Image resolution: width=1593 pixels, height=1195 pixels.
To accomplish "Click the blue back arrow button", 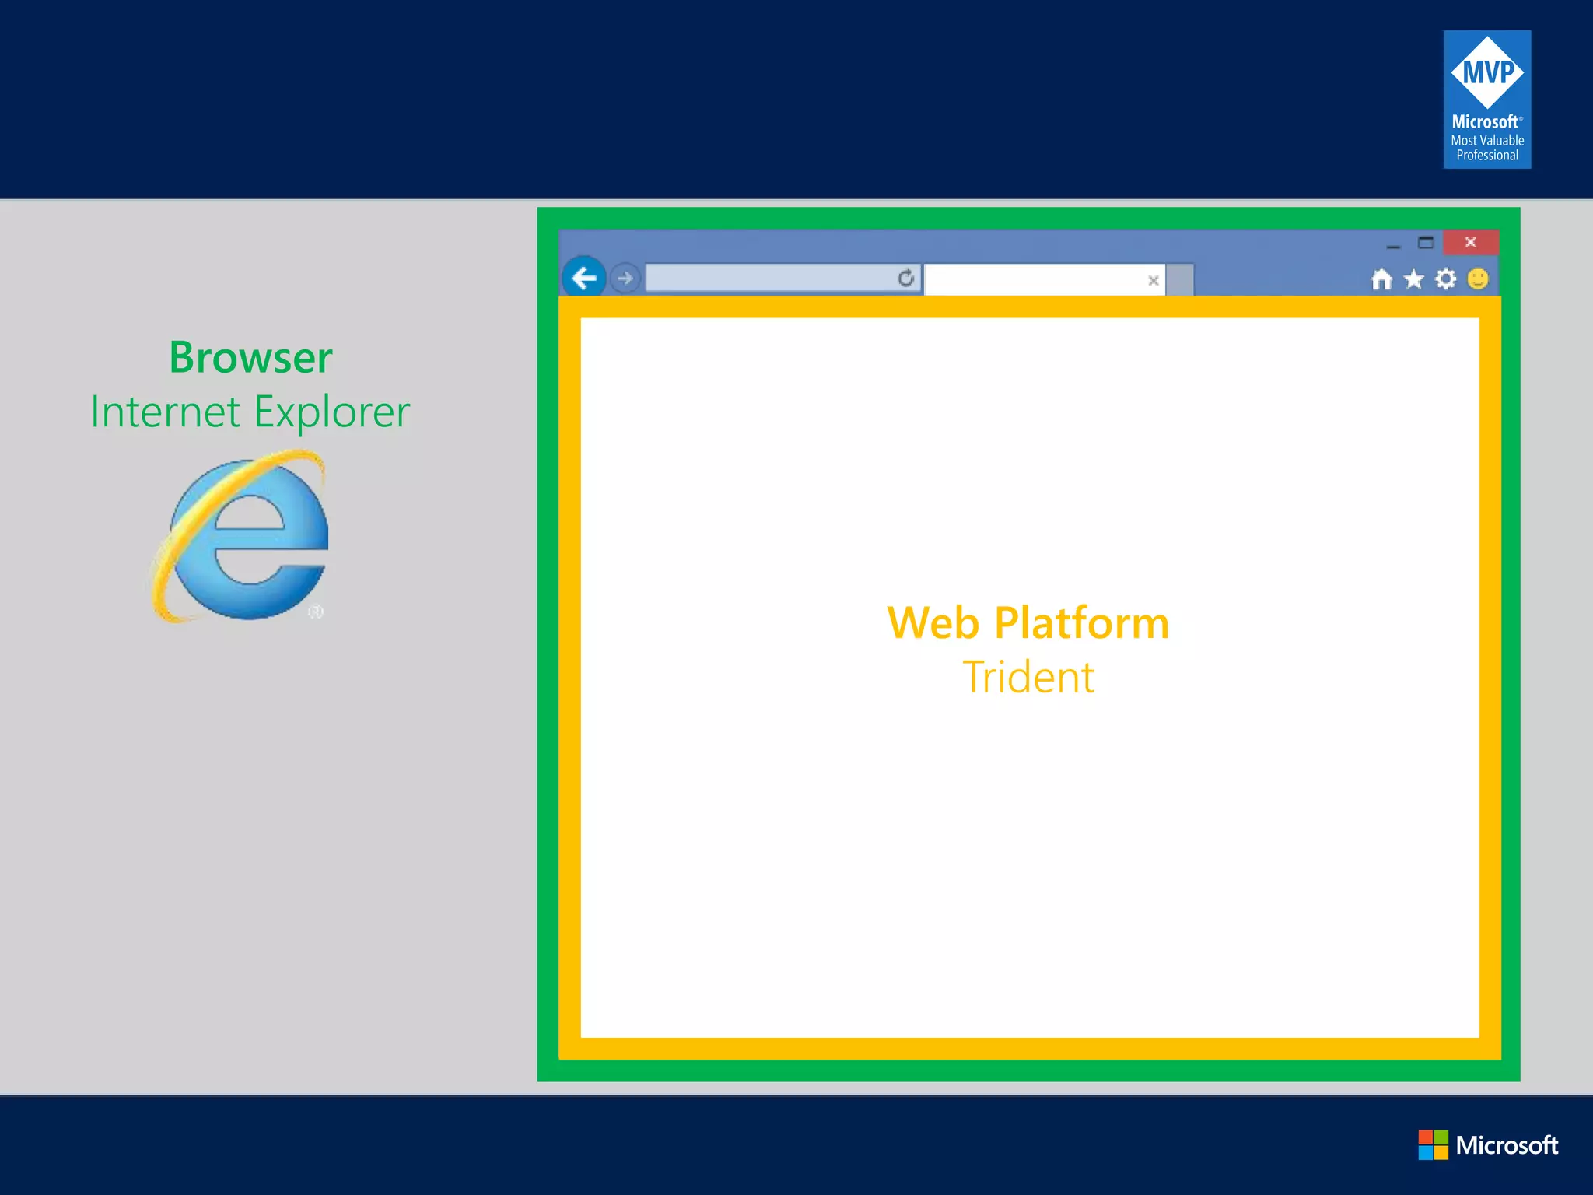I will point(584,278).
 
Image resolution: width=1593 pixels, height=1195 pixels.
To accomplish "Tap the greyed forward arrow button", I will point(625,279).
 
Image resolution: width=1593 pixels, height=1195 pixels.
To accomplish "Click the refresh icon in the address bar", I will point(905,278).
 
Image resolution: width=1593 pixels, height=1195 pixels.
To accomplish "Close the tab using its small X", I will point(1154,281).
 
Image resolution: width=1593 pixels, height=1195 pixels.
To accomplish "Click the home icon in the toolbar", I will point(1381,279).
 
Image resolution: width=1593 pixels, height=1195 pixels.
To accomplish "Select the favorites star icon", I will point(1414,279).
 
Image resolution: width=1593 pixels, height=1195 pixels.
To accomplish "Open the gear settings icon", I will point(1446,279).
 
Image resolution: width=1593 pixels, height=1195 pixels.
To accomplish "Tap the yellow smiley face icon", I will point(1478,279).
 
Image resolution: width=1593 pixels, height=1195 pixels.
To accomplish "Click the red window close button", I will point(1470,242).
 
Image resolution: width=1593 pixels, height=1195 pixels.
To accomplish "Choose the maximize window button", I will point(1425,243).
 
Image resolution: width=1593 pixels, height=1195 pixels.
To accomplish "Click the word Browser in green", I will point(250,358).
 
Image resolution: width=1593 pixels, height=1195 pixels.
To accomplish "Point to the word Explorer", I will point(332,412).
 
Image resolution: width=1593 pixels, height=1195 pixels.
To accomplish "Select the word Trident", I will point(1028,677).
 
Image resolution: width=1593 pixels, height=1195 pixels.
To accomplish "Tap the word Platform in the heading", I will point(1082,623).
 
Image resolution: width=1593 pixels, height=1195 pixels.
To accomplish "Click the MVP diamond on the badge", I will point(1487,72).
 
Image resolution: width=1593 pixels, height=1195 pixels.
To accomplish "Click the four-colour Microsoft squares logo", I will point(1433,1144).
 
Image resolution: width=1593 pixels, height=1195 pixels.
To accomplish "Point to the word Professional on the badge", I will point(1487,156).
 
